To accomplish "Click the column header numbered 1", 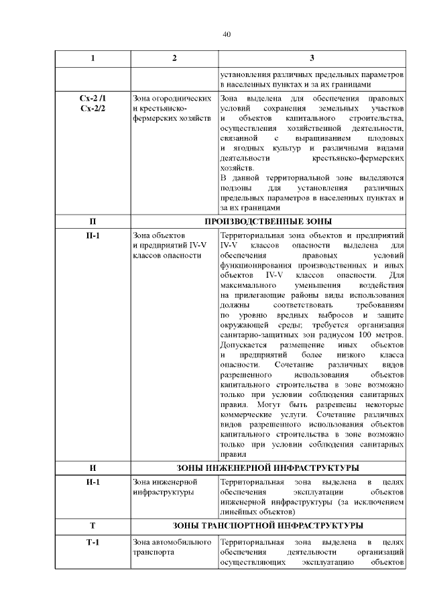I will pyautogui.click(x=93, y=58).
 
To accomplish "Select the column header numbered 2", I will pyautogui.click(x=174, y=58).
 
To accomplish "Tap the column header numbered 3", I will pyautogui.click(x=312, y=58).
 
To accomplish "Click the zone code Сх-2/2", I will pyautogui.click(x=93, y=108).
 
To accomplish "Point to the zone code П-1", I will pyautogui.click(x=93, y=235).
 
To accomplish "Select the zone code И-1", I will pyautogui.click(x=93, y=482).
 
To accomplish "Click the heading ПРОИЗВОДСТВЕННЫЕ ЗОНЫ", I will pyautogui.click(x=267, y=221).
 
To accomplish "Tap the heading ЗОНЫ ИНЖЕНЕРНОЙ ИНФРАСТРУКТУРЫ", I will pyautogui.click(x=267, y=467).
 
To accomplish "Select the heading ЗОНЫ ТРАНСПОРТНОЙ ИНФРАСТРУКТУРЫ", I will pyautogui.click(x=267, y=526).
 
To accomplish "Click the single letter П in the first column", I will pyautogui.click(x=93, y=221).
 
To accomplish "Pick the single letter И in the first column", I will pyautogui.click(x=93, y=467).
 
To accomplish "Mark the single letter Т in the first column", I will pyautogui.click(x=93, y=526).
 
